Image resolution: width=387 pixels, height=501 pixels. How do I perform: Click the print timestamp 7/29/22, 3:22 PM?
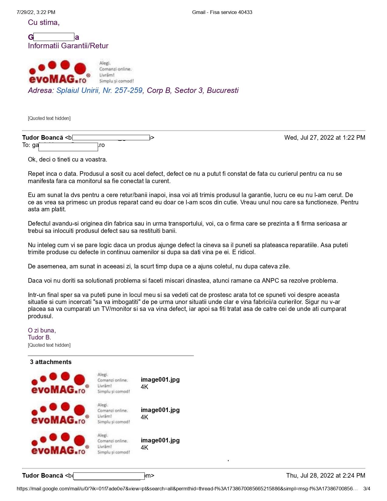(36, 12)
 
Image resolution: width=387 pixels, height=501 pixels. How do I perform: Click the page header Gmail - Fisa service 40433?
(222, 12)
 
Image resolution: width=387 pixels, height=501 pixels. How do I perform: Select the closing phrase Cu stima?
(44, 22)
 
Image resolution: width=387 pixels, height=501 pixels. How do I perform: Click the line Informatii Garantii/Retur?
(68, 46)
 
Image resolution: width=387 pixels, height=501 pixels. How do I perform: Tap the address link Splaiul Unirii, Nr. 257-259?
(99, 90)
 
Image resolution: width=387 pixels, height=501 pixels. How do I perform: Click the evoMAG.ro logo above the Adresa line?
(59, 72)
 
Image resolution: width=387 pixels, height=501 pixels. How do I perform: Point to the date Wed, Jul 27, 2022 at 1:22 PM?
(324, 138)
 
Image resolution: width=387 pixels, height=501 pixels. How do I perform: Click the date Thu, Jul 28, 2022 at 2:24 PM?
(325, 475)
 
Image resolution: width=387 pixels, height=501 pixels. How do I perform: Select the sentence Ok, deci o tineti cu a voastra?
(67, 159)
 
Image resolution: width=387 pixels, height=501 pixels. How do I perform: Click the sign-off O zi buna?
(42, 330)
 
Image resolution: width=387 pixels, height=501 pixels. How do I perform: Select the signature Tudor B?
(39, 337)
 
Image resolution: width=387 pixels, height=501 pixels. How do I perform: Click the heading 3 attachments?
(51, 362)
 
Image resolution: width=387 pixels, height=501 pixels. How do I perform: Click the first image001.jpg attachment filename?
(160, 380)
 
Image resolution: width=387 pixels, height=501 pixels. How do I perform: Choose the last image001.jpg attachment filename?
(160, 440)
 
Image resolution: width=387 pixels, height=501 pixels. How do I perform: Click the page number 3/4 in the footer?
(367, 489)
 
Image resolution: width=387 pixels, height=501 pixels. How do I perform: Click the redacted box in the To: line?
(68, 147)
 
